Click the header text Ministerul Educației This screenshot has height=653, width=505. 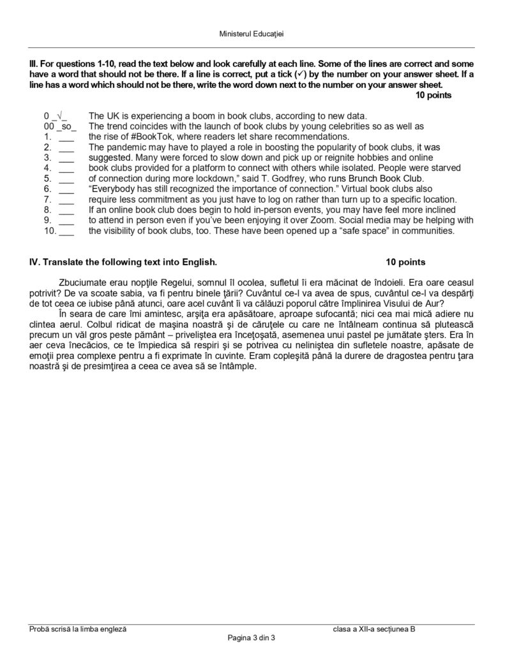click(x=252, y=36)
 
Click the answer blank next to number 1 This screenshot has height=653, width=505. click(x=66, y=137)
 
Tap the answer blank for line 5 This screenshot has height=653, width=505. click(x=66, y=179)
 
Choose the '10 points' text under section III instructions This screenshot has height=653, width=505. click(x=433, y=96)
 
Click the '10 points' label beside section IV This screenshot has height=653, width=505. click(x=406, y=262)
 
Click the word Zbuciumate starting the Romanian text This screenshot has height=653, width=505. click(x=81, y=279)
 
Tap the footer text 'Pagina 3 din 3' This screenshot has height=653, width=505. click(x=252, y=638)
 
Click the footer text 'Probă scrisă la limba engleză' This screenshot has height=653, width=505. click(x=78, y=629)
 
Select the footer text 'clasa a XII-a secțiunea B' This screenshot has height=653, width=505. click(x=373, y=629)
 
